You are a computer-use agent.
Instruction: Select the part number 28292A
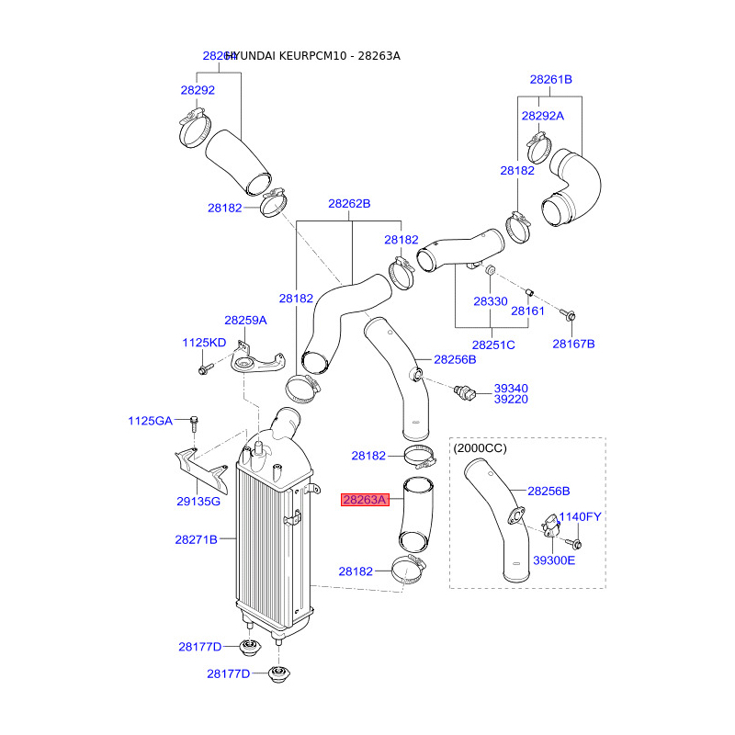(542, 116)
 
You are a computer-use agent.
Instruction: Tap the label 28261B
(550, 80)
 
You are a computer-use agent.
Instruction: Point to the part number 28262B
(349, 203)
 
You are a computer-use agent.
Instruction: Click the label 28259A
(245, 321)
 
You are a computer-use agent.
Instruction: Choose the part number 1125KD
(203, 343)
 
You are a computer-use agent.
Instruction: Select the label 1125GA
(150, 421)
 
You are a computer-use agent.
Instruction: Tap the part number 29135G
(198, 502)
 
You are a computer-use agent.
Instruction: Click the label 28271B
(196, 540)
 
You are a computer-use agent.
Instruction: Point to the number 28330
(490, 301)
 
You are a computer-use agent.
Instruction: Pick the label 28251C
(493, 345)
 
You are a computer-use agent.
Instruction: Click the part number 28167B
(573, 344)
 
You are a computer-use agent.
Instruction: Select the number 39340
(511, 389)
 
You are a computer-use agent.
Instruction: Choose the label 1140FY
(580, 517)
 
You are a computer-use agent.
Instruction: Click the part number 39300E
(555, 560)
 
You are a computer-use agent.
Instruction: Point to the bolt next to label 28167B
(568, 316)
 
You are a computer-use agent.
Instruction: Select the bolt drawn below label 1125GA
(194, 424)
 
